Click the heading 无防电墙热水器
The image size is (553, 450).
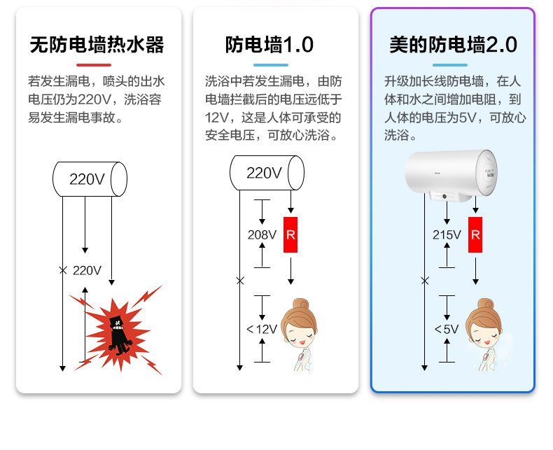97,45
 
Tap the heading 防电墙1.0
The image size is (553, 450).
269,45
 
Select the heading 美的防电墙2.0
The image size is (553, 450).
452,45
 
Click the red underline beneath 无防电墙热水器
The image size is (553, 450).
95,64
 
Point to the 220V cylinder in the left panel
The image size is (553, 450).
90,178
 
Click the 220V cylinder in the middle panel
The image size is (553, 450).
267,173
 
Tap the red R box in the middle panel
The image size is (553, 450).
290,234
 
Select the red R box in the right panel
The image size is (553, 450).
475,234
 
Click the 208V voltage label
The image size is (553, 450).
261,234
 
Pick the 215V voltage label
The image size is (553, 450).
446,234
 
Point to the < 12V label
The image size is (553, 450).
261,328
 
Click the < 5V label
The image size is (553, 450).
446,328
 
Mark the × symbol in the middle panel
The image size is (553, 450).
240,281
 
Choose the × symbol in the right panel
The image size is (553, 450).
424,281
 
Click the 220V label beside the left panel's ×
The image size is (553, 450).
87,270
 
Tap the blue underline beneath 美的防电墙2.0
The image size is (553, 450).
452,64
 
